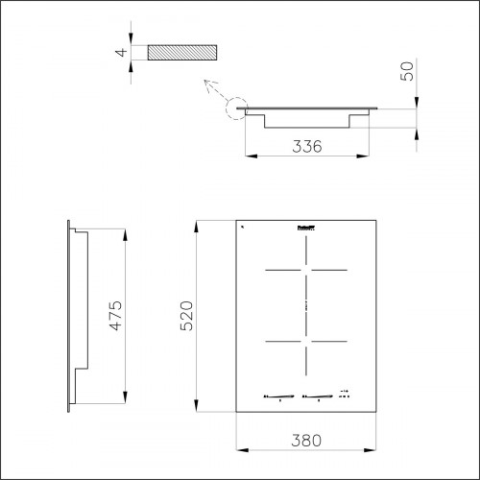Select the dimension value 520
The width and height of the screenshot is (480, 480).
(189, 314)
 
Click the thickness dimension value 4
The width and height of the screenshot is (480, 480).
(122, 53)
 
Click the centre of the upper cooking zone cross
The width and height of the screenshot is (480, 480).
(305, 271)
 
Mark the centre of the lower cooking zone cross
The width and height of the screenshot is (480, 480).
(305, 342)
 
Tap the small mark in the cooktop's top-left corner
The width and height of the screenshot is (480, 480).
(243, 227)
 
